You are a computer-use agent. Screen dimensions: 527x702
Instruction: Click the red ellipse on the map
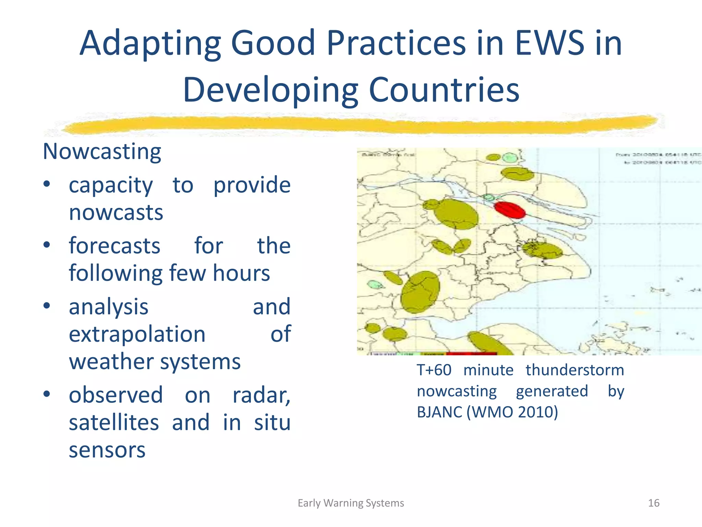(510, 210)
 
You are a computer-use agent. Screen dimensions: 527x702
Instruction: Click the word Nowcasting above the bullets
(102, 152)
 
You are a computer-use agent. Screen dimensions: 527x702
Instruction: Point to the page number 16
(654, 503)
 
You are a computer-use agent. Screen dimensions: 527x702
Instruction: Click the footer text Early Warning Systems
(351, 503)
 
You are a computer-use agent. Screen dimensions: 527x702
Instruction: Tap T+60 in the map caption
(434, 370)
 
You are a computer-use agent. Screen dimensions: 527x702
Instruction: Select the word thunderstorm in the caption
(575, 370)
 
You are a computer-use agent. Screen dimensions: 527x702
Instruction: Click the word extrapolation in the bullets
(137, 334)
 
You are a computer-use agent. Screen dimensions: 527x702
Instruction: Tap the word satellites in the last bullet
(114, 423)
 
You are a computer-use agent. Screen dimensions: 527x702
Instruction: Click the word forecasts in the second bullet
(114, 246)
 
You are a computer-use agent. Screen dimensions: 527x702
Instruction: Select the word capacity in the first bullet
(111, 185)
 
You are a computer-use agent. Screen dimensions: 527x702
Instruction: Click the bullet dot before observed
(47, 394)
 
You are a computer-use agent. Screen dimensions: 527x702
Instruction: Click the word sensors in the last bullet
(107, 450)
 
